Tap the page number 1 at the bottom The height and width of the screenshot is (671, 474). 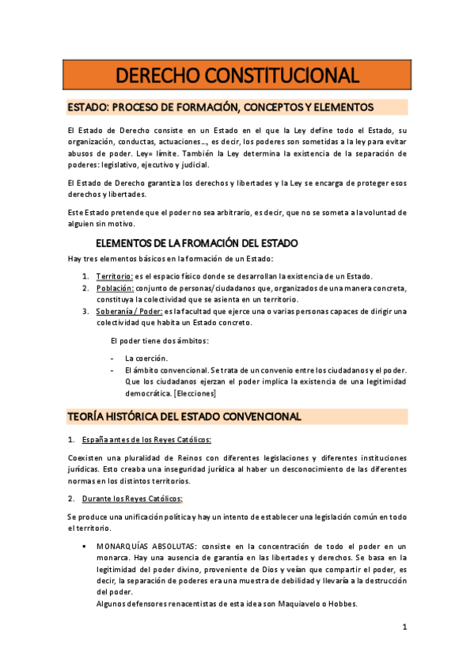coord(404,627)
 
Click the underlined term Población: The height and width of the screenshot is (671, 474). coord(114,288)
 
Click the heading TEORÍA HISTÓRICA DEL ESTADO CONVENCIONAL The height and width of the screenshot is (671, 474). coord(184,416)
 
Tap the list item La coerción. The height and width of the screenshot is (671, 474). coord(146,358)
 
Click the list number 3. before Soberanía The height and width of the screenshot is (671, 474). coord(86,311)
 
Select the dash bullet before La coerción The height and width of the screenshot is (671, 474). coord(112,358)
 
